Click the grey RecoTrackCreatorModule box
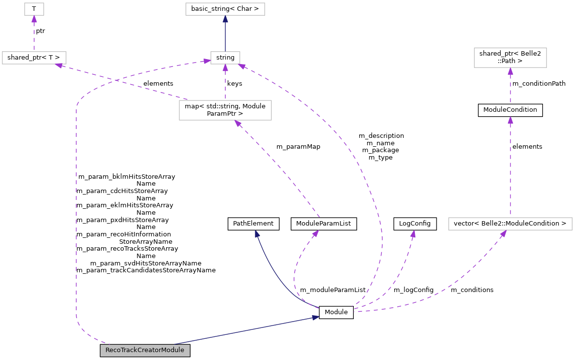[145, 350]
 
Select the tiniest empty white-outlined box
[34, 9]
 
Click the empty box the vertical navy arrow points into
[225, 9]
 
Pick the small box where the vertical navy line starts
[225, 58]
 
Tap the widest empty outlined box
[510, 224]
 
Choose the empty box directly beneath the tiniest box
[34, 58]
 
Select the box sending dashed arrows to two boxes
[225, 110]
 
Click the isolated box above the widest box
[510, 58]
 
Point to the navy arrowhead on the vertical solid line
[225, 19]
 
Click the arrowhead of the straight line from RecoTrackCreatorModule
[315, 318]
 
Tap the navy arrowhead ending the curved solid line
[257, 233]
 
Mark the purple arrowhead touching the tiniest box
[34, 19]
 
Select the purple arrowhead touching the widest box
[503, 233]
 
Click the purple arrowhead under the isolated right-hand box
[510, 71]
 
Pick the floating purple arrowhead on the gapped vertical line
[510, 120]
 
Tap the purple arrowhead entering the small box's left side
[207, 61]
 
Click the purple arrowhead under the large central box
[237, 123]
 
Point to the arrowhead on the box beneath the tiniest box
[59, 65]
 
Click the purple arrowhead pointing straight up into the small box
[225, 68]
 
